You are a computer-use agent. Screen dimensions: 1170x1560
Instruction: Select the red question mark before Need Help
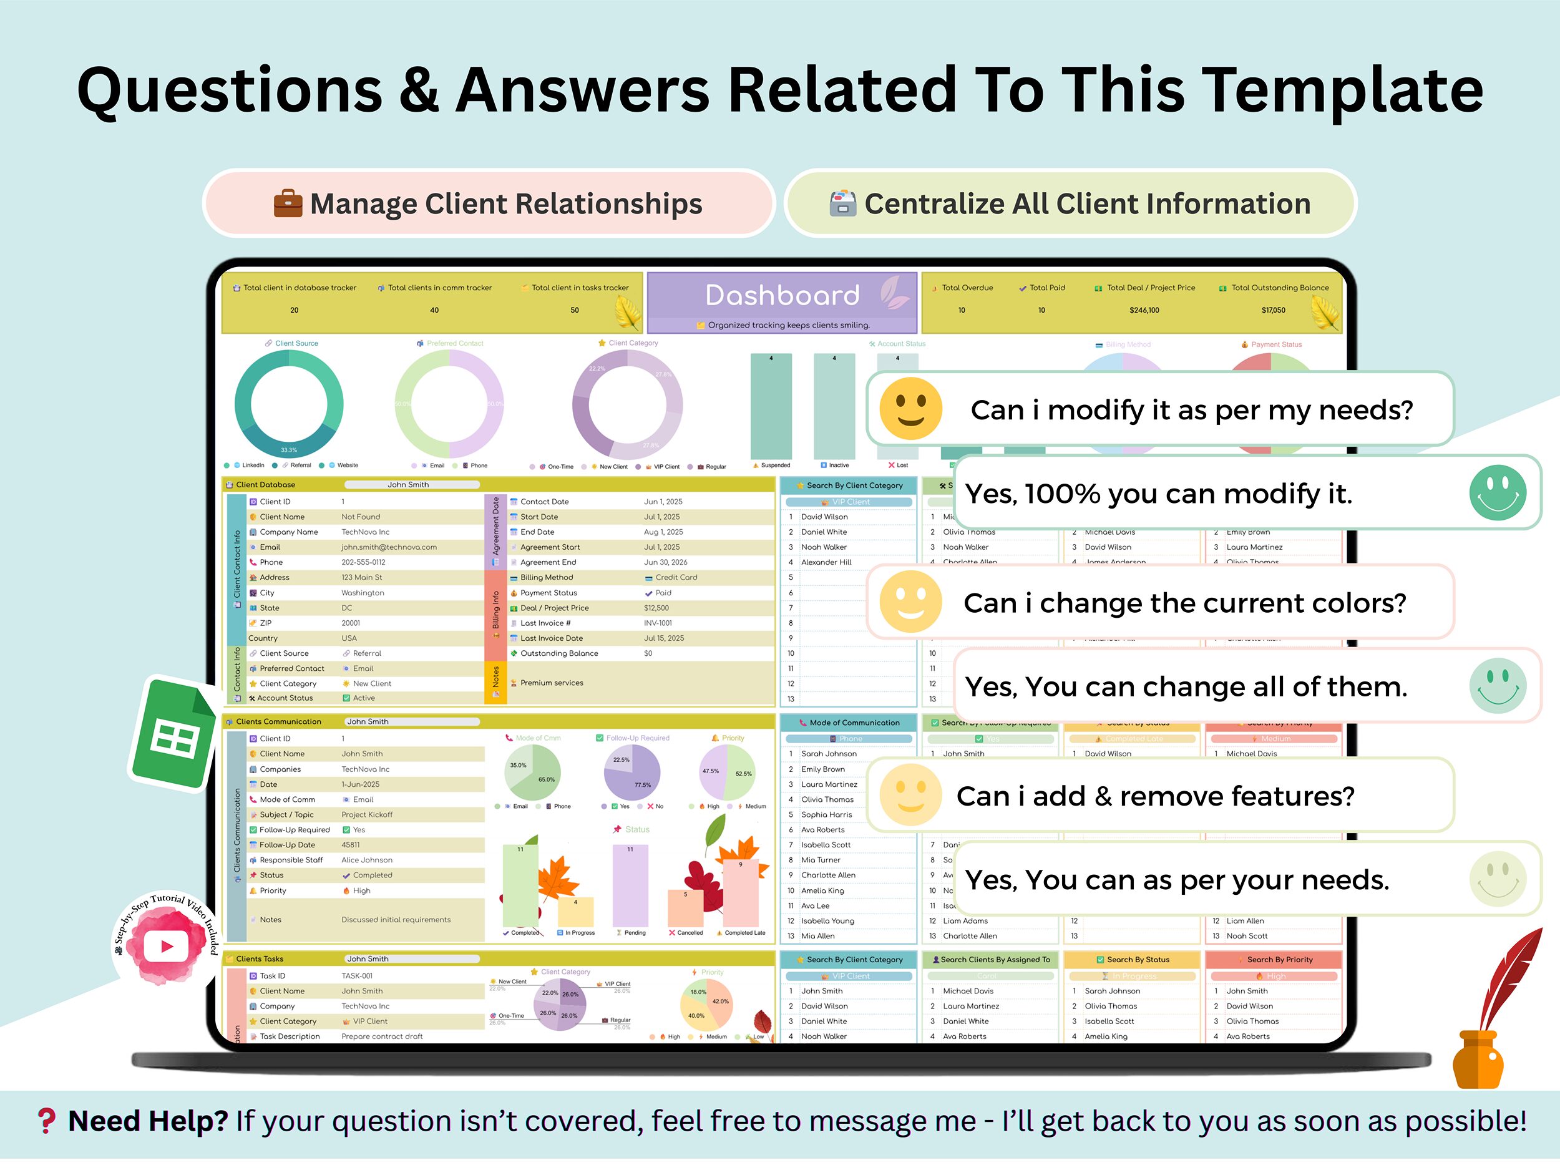[47, 1121]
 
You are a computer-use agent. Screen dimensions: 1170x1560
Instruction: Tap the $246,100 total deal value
[1144, 310]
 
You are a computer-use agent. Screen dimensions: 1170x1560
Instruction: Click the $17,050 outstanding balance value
[1273, 310]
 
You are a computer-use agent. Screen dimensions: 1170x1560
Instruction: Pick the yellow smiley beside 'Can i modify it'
[910, 409]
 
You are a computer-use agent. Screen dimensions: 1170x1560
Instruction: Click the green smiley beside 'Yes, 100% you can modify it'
[1497, 493]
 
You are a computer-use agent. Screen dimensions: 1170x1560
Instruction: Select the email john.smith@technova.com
[389, 547]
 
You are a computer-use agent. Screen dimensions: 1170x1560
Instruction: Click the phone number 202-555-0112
[363, 563]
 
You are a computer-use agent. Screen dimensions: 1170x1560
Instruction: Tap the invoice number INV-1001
[657, 623]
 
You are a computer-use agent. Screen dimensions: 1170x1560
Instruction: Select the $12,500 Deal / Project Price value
[656, 608]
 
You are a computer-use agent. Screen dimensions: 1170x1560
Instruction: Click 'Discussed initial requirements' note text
[396, 920]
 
